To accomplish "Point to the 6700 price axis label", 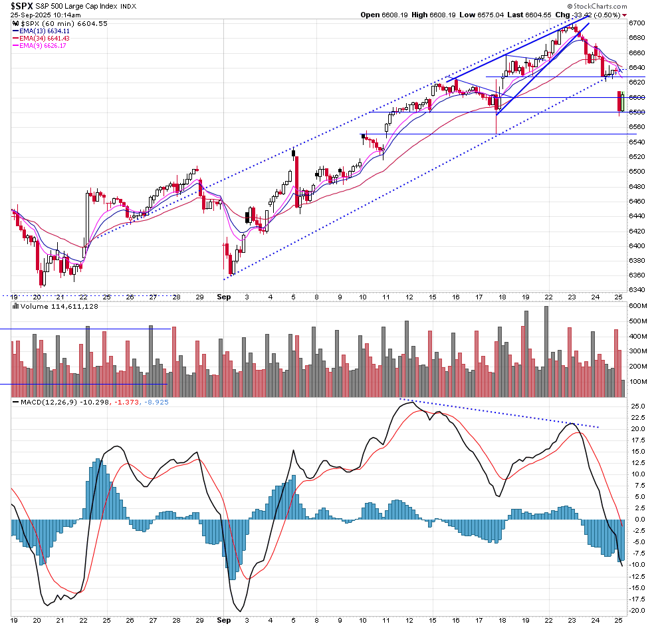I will [x=636, y=22].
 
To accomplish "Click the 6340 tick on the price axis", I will [x=636, y=290].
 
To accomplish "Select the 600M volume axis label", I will [x=637, y=306].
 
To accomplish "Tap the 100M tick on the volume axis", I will [x=637, y=382].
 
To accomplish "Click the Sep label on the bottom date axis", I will [x=224, y=620].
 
